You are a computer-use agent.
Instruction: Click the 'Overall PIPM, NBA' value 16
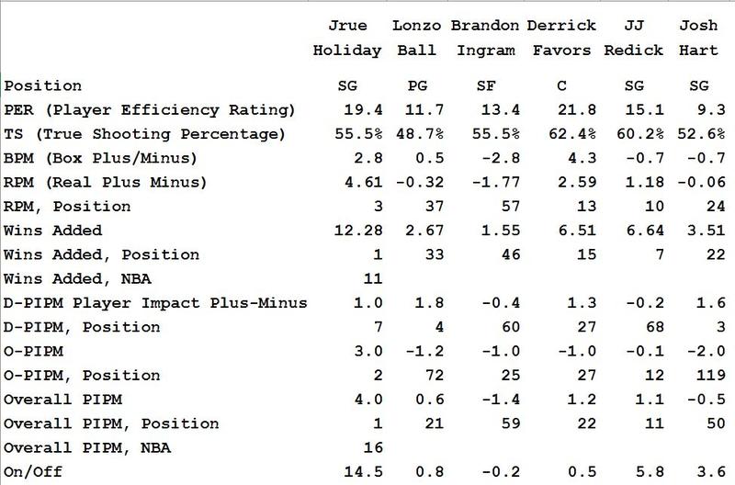pyautogui.click(x=370, y=447)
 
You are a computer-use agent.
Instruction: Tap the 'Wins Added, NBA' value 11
pyautogui.click(x=370, y=279)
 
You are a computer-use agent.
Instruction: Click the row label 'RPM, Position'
pyautogui.click(x=67, y=207)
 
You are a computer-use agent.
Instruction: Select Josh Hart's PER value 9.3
pyautogui.click(x=708, y=111)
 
